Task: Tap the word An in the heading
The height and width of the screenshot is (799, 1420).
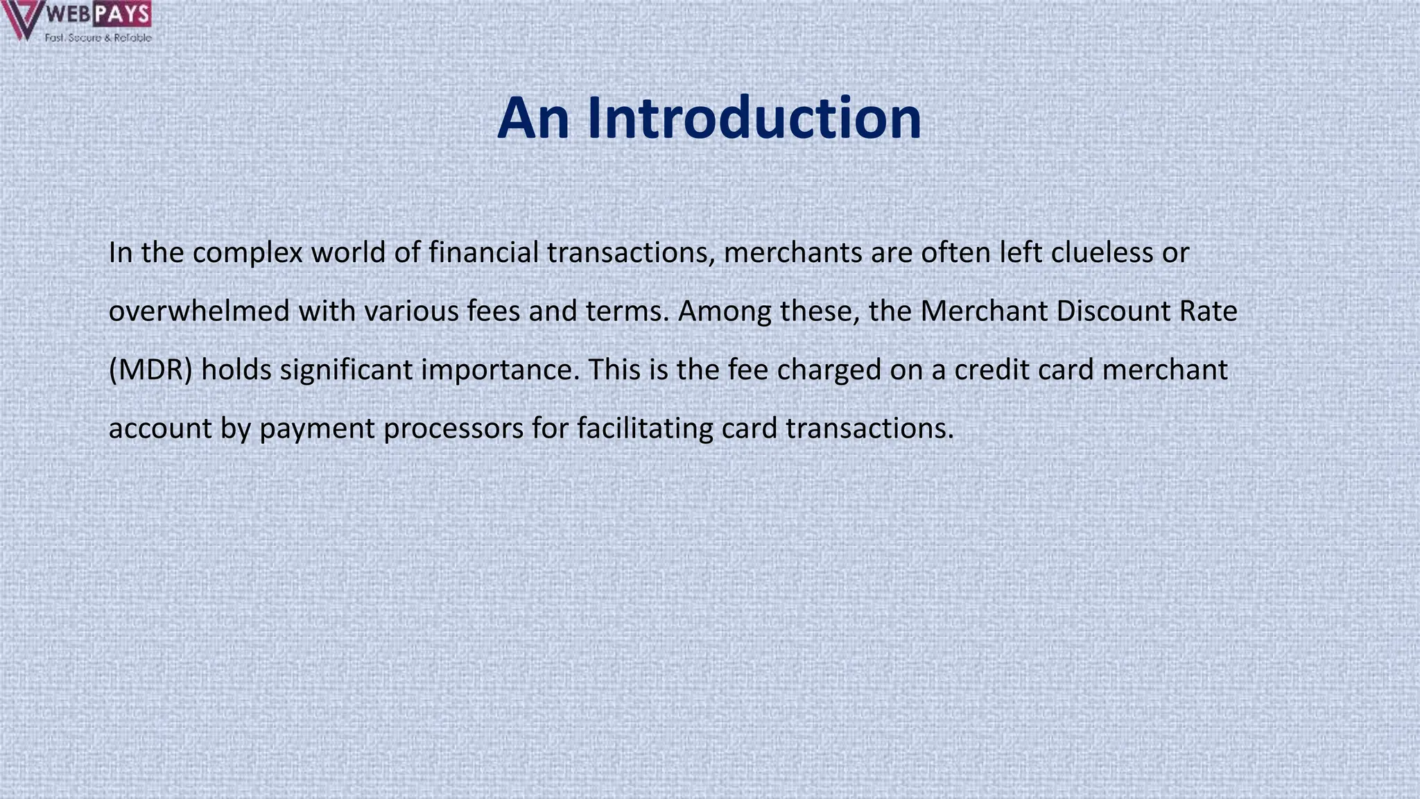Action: click(x=533, y=118)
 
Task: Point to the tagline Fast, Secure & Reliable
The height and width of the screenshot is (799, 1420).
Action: click(x=98, y=37)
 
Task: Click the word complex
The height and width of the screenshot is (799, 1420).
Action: click(x=248, y=253)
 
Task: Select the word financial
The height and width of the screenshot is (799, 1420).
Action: click(x=483, y=252)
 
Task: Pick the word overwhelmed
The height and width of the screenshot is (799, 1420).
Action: click(x=199, y=311)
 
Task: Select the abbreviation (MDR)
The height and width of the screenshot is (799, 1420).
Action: click(x=150, y=370)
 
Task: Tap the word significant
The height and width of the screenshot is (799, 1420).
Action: click(x=346, y=370)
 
